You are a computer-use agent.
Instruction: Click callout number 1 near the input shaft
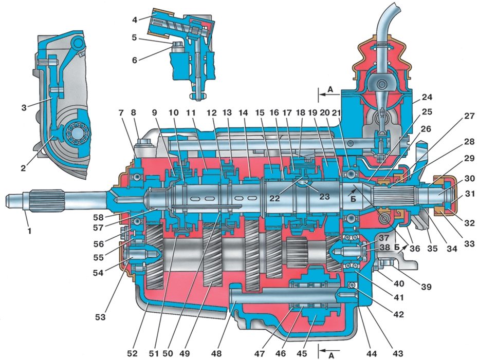[30, 231]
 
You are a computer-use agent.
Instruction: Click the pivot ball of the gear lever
[381, 83]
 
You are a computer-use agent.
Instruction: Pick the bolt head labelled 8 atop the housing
[142, 143]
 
